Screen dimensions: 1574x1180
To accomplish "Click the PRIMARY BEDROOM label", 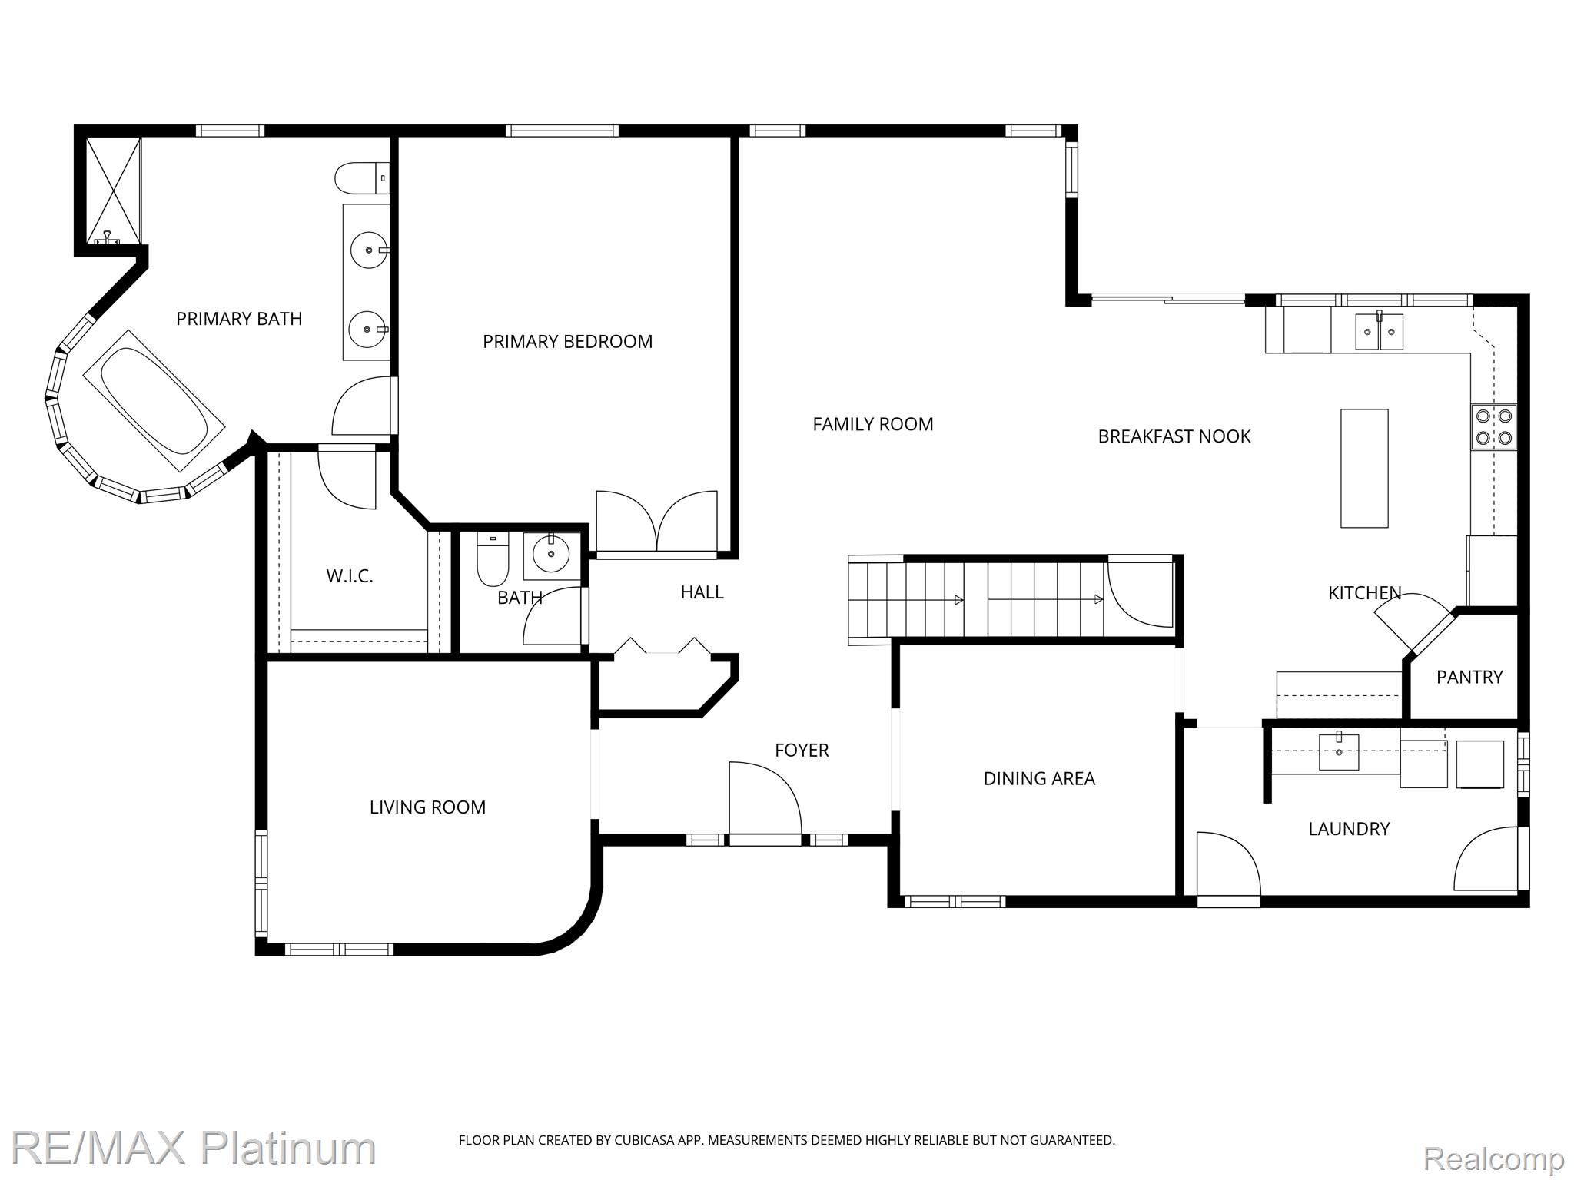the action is pos(567,342).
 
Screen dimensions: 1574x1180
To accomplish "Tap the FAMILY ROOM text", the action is pos(873,424).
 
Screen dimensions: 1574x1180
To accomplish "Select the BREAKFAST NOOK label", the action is pos(1174,436).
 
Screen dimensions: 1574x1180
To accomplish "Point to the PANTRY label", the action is pos(1469,677).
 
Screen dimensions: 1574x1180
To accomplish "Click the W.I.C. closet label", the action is pos(350,576).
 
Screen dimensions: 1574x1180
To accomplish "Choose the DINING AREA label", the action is pos(1039,778).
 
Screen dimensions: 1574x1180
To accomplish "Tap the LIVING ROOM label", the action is pos(427,807).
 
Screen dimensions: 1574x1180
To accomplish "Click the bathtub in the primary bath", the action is pos(154,400).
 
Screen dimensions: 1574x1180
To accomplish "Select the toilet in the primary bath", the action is pos(362,178).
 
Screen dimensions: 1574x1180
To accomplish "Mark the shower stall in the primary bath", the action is pos(113,191).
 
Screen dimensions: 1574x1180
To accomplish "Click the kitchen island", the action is pos(1364,468).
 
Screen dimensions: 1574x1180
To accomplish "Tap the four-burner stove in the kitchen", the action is pos(1494,427).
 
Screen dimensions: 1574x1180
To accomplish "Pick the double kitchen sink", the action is pos(1379,331).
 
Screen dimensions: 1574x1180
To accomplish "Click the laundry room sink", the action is pos(1339,751).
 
